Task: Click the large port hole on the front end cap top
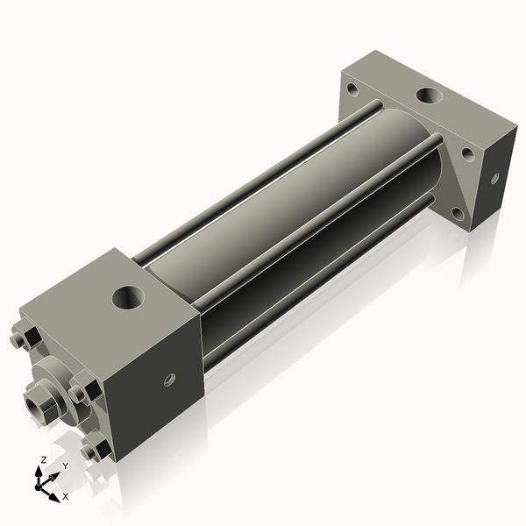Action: click(x=131, y=299)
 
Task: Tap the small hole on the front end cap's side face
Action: click(x=170, y=380)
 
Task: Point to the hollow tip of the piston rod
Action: click(x=36, y=407)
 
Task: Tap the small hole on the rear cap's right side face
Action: click(x=494, y=178)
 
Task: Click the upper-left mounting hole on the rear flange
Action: click(x=352, y=89)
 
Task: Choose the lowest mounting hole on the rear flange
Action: click(x=457, y=211)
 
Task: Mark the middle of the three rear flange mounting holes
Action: click(x=467, y=154)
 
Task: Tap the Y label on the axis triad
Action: click(x=64, y=466)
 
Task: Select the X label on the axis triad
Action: click(x=65, y=496)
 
